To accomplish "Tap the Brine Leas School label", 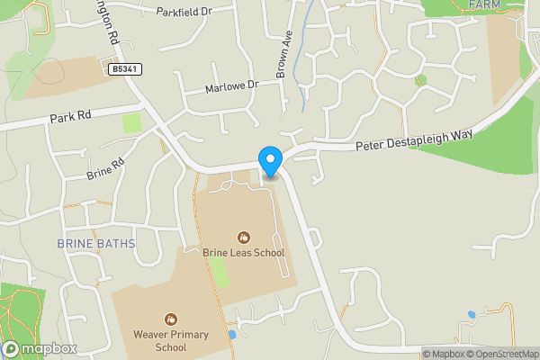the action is point(244,253).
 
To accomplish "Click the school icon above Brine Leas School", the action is point(244,237).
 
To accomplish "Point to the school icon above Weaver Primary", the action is point(170,319).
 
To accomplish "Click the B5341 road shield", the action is point(126,68).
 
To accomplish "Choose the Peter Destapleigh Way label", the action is point(414,141).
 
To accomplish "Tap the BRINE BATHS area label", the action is point(95,244).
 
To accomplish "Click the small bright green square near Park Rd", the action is point(132,122).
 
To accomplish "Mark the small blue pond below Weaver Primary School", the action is point(232,335).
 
